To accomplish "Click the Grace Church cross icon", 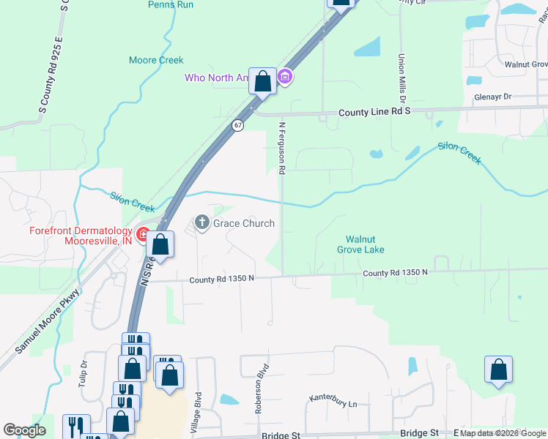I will (202, 222).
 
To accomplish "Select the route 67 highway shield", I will (238, 125).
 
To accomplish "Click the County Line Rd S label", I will (374, 113).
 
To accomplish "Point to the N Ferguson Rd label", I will (281, 148).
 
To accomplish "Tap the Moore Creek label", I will (156, 60).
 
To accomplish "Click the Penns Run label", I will (170, 4).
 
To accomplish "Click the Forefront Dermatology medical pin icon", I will (142, 236).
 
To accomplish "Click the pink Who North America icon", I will (286, 76).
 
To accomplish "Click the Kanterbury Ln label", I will (333, 401).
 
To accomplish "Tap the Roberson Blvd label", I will (259, 396).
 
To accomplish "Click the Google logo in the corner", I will (24, 430).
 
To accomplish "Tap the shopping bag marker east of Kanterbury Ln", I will (498, 370).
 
